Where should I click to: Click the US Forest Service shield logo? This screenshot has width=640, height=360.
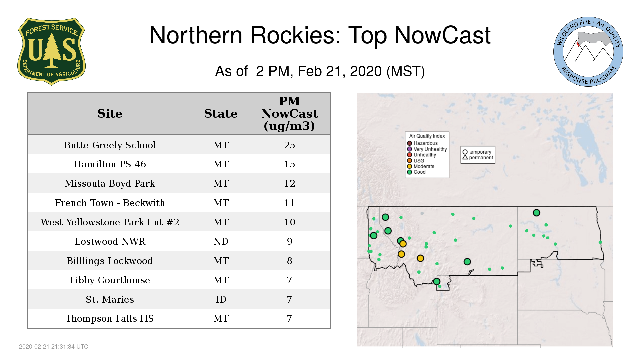51,52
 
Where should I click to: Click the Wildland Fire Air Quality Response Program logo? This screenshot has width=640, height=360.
588,52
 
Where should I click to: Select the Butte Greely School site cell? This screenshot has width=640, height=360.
110,145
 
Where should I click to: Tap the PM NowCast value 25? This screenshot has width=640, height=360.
289,145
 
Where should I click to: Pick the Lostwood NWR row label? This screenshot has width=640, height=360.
110,241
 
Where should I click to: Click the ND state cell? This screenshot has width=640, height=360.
221,241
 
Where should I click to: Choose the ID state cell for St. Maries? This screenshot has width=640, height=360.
221,299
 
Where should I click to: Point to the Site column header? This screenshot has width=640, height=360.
110,114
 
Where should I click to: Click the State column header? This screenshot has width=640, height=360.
221,114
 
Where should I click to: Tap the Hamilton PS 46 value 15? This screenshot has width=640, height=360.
289,164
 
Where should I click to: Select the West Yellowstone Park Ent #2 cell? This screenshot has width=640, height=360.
110,222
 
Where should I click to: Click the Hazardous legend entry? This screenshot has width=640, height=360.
422,143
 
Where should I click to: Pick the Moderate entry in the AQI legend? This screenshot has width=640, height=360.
421,166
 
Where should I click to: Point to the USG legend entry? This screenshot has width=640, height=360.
416,161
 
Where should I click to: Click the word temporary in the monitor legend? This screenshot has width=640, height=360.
480,152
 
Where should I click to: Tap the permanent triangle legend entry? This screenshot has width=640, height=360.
478,157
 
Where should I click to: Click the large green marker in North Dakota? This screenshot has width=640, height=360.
536,213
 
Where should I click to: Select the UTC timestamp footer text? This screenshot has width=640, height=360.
54,347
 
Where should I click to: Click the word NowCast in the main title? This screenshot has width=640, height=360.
442,35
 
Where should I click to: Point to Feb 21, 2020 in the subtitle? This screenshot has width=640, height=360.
340,71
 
